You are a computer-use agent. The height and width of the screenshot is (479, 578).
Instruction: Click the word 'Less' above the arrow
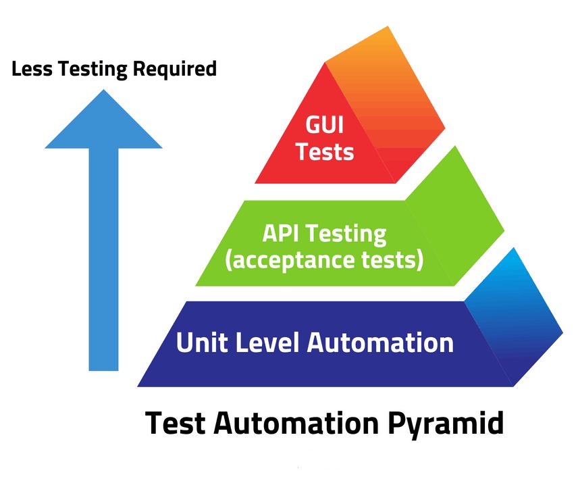click(x=28, y=69)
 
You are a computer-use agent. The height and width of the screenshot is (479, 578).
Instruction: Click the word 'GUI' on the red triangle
click(x=325, y=126)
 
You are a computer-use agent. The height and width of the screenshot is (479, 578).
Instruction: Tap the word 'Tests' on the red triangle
click(x=325, y=151)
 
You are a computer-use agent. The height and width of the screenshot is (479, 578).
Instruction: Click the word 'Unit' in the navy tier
click(x=199, y=342)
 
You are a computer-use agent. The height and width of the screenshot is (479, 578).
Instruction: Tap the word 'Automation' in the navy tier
click(x=380, y=342)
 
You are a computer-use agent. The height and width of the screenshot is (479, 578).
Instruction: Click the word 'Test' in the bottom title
click(x=174, y=424)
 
